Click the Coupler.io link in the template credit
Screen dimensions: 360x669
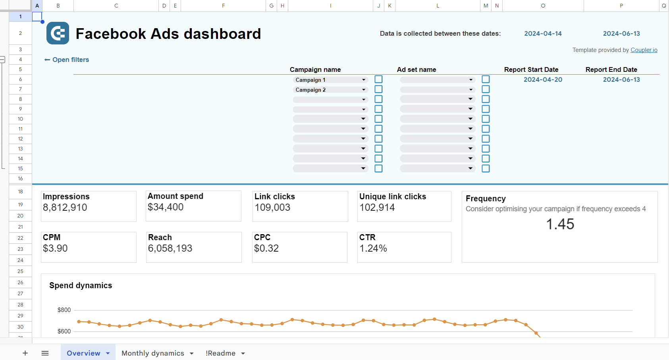click(644, 50)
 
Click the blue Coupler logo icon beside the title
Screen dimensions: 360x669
click(58, 33)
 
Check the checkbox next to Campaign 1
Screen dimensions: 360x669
click(379, 79)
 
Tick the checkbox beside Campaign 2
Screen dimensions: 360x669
click(379, 89)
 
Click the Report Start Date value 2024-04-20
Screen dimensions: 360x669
click(543, 79)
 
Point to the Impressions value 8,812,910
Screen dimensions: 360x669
click(65, 207)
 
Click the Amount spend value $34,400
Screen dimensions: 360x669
click(166, 207)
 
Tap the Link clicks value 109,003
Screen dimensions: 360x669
click(272, 207)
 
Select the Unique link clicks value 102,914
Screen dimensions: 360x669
click(377, 207)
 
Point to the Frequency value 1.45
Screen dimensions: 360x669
click(560, 224)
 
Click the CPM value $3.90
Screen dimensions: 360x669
click(55, 248)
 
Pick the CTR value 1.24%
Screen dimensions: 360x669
click(373, 248)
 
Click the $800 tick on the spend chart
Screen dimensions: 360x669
click(64, 310)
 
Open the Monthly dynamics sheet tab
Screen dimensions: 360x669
click(153, 353)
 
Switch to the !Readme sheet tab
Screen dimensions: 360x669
click(220, 353)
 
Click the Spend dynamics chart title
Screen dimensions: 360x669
click(81, 285)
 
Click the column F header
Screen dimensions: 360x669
click(223, 6)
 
